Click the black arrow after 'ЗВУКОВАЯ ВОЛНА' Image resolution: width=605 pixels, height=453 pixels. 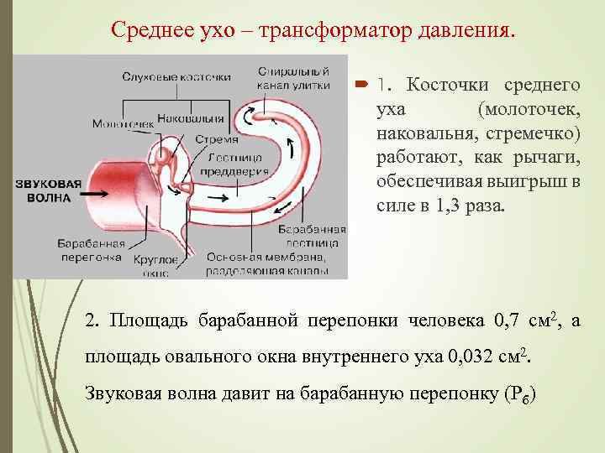[x=94, y=192]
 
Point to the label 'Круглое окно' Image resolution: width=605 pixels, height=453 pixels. [x=156, y=265]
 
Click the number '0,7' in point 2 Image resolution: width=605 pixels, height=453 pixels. [x=509, y=320]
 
